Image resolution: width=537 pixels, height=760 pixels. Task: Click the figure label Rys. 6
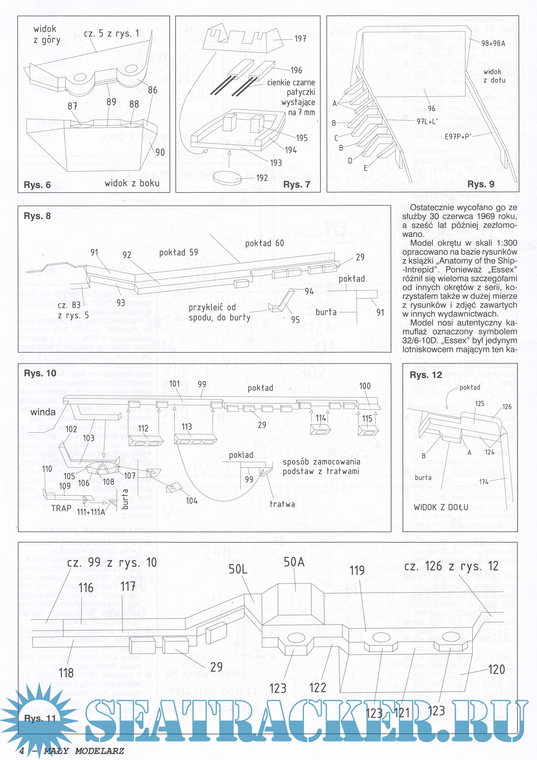pyautogui.click(x=37, y=185)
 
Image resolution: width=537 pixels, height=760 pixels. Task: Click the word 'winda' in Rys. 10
pyautogui.click(x=43, y=412)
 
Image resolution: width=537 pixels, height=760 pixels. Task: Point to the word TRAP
pyautogui.click(x=62, y=508)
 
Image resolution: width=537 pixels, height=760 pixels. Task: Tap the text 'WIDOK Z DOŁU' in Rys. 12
pyautogui.click(x=441, y=507)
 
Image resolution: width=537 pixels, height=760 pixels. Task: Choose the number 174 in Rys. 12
pyautogui.click(x=484, y=482)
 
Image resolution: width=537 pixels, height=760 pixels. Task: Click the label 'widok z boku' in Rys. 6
pyautogui.click(x=132, y=183)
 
